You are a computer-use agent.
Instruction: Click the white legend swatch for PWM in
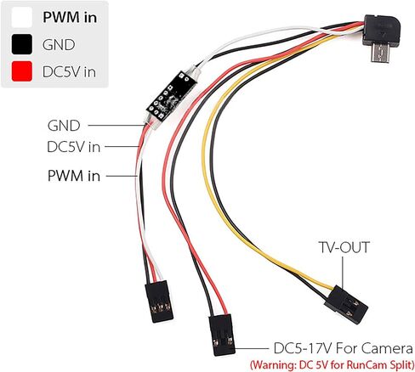pos(21,17)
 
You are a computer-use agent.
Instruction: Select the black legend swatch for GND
pos(21,44)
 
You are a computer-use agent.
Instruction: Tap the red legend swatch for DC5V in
pos(21,71)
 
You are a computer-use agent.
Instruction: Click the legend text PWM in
pos(70,18)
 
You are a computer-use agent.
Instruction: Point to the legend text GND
pos(59,45)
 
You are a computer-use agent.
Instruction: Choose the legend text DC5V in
pos(69,72)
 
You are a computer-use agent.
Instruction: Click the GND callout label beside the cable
pos(64,126)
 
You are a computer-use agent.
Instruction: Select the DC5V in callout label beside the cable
pos(74,147)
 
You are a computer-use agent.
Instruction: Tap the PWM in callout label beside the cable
pos(74,176)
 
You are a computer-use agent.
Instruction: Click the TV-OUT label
pos(344,247)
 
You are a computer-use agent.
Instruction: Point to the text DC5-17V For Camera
pos(344,348)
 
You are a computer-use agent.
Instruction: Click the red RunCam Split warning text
pos(332,364)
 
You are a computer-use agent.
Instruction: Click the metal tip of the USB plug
pos(380,54)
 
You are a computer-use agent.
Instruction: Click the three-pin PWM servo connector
pos(159,302)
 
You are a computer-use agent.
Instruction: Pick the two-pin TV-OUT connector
pos(346,305)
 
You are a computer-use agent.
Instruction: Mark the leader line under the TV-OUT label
pos(343,273)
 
